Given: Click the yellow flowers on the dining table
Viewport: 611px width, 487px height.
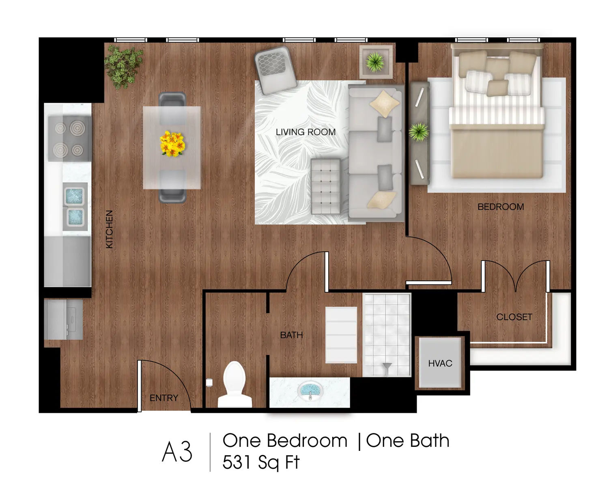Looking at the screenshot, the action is (172, 144).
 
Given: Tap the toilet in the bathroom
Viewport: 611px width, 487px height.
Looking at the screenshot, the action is (235, 384).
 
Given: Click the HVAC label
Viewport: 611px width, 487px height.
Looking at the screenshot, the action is (440, 363).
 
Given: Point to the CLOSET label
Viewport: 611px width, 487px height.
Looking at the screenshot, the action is (514, 317).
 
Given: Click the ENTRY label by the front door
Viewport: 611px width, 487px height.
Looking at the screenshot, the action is (164, 398).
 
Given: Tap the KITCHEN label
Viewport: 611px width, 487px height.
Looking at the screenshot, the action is (109, 229).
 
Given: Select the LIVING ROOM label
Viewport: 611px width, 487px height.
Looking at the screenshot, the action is (305, 132).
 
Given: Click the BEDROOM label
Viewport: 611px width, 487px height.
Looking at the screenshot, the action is (501, 207).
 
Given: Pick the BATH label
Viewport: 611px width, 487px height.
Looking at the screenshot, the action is (291, 335).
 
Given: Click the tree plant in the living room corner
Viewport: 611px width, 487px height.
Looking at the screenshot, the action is (123, 67).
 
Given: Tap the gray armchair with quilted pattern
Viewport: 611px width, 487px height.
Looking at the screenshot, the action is (275, 70).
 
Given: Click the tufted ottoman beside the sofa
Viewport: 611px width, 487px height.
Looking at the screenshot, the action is (326, 186).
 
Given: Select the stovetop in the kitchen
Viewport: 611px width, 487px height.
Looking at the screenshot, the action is (69, 138).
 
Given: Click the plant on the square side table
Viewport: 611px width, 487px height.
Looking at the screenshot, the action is (375, 62).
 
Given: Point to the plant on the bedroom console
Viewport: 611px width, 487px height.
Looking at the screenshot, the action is (419, 132).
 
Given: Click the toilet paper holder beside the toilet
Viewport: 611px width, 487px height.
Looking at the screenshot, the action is (209, 383).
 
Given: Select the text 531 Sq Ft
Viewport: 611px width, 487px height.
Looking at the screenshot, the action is (260, 462).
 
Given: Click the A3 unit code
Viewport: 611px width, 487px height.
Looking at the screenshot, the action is (177, 452).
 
